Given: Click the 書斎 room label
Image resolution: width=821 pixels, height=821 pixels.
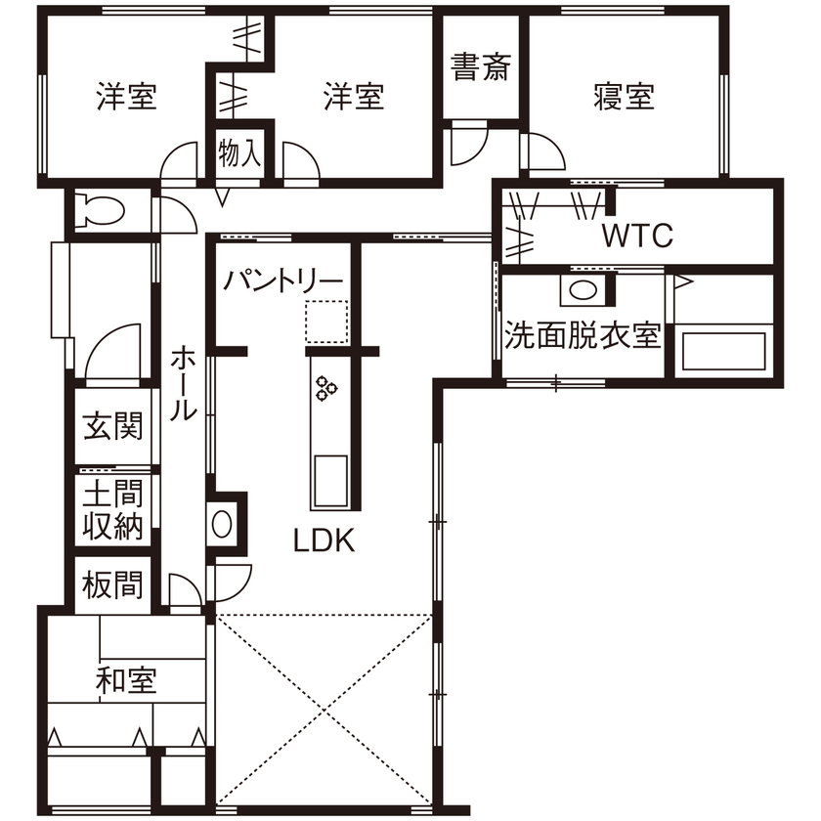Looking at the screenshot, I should [x=481, y=67].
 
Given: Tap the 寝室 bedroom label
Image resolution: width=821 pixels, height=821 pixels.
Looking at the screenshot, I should [x=624, y=97].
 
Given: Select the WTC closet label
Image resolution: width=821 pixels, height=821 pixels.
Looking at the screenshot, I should [x=637, y=236].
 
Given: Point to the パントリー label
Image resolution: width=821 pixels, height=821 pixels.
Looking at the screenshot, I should [x=283, y=281].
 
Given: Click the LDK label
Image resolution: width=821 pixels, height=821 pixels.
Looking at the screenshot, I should [x=324, y=540].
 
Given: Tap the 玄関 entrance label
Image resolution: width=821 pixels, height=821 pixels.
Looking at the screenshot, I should [x=113, y=427].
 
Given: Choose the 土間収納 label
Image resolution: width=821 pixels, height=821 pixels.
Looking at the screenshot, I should [x=113, y=510].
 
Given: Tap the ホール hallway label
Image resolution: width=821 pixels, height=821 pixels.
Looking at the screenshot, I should [x=183, y=383].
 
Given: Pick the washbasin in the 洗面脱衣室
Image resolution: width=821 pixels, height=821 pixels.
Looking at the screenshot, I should [x=583, y=289].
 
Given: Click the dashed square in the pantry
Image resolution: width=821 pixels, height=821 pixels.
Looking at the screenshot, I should [x=325, y=322].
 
